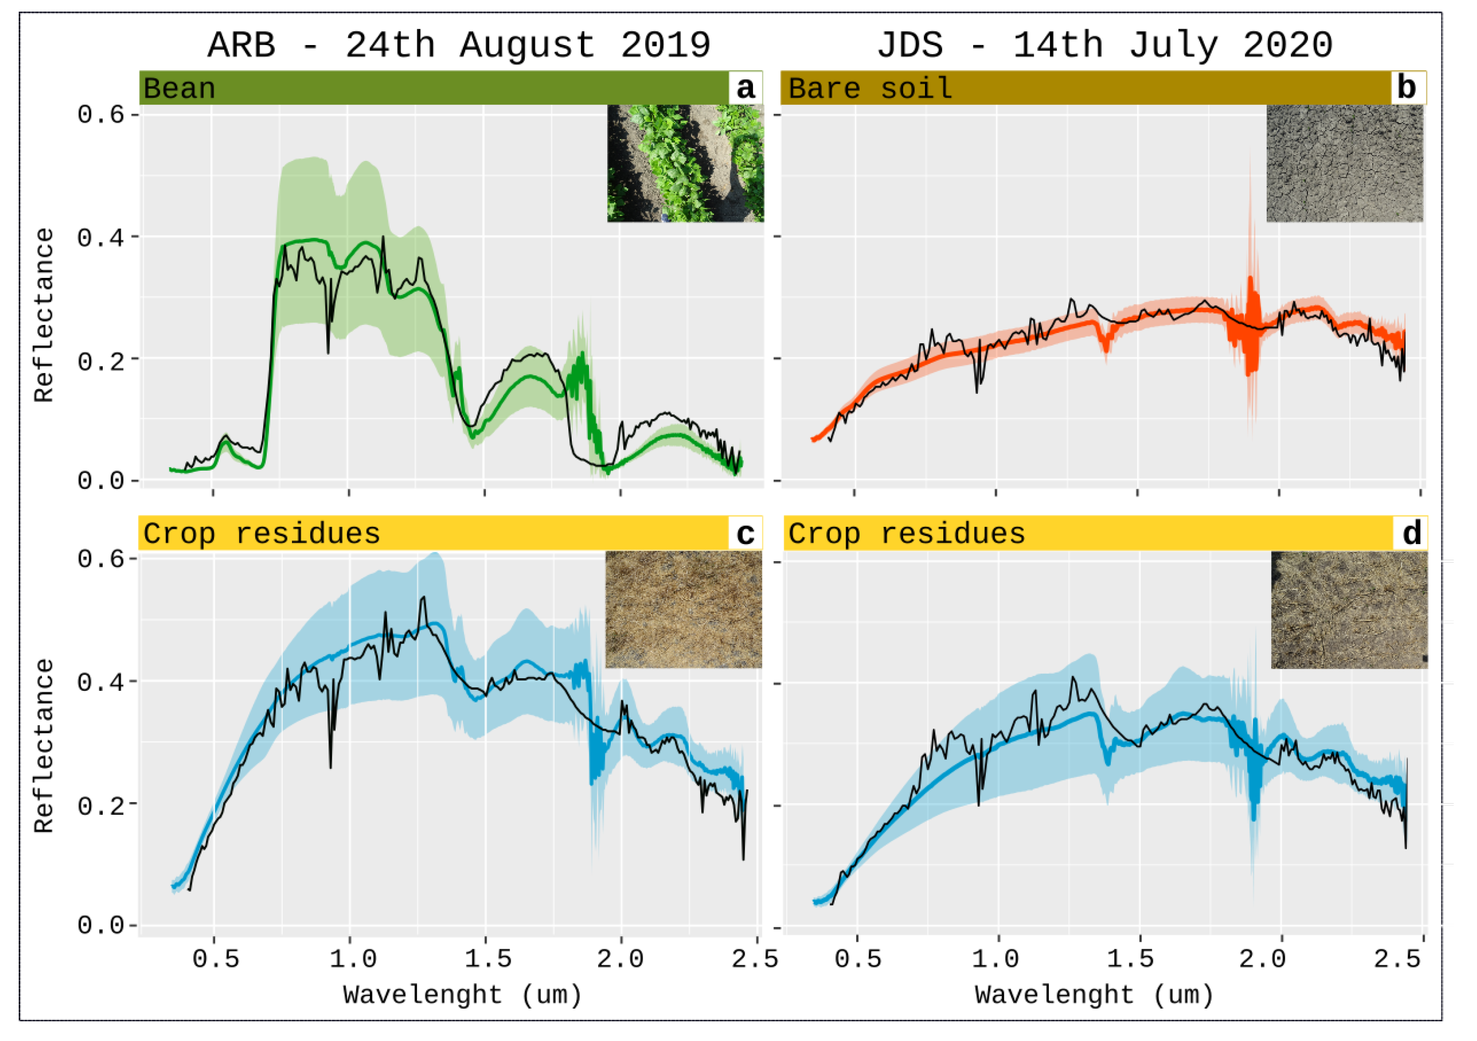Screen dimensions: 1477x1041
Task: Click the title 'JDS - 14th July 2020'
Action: coord(1105,45)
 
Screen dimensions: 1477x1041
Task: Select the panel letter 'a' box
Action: coord(745,88)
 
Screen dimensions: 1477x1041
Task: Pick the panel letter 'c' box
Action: coord(745,533)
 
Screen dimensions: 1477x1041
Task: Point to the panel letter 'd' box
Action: coord(1411,533)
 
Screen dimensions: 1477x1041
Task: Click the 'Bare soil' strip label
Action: coord(870,89)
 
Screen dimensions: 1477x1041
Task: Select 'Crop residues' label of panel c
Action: coord(262,534)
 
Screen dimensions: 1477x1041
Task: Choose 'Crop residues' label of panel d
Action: coord(907,534)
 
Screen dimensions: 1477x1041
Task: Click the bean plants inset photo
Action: coord(686,163)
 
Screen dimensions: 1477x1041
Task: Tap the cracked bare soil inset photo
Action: coord(1344,163)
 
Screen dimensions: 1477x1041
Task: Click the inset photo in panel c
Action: coord(684,609)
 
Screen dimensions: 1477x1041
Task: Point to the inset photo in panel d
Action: coord(1349,610)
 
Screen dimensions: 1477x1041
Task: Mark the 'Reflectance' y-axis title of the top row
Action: coord(44,315)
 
